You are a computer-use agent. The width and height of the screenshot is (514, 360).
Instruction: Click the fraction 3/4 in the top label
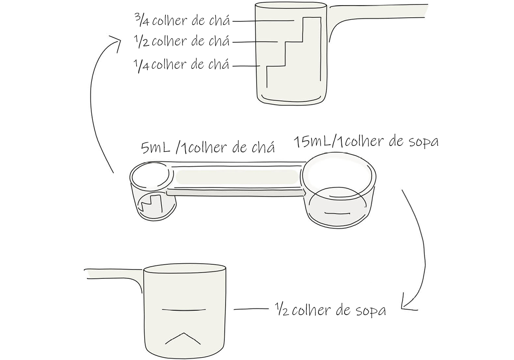pyautogui.click(x=142, y=20)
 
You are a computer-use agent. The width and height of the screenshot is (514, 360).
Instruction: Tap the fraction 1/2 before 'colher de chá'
pyautogui.click(x=142, y=41)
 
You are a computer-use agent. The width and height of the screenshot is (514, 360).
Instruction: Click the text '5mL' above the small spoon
pyautogui.click(x=155, y=148)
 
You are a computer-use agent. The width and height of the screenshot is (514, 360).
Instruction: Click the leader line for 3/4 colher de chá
pyautogui.click(x=263, y=21)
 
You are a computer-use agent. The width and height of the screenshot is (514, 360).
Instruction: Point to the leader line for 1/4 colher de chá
pyautogui.click(x=246, y=66)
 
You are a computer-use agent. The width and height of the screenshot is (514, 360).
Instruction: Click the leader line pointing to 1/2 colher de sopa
pyautogui.click(x=251, y=309)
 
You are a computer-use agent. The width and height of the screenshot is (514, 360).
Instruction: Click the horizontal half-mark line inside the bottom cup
pyautogui.click(x=184, y=310)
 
